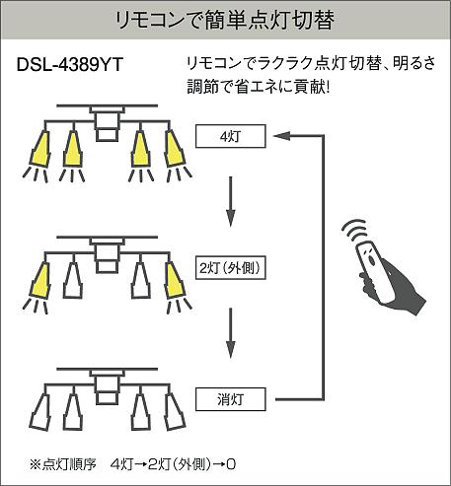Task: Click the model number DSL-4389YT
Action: [70, 64]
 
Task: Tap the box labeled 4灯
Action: [230, 136]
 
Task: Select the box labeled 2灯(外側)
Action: [230, 268]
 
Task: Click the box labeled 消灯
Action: [230, 399]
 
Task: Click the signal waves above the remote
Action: [354, 231]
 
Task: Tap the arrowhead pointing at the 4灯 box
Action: [281, 136]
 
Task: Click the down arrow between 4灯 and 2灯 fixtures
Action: [231, 201]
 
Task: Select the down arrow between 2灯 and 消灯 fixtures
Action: [231, 332]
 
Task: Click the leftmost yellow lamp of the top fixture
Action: [40, 149]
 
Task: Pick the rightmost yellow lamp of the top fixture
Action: [174, 149]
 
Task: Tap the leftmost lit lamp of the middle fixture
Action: [40, 280]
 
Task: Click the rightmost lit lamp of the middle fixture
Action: [174, 280]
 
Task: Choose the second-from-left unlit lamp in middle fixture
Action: [73, 280]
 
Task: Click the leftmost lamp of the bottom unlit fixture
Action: [40, 411]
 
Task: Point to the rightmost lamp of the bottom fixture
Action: [174, 411]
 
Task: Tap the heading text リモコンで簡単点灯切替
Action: [225, 20]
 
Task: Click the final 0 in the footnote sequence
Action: [231, 464]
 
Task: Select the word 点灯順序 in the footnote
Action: [68, 464]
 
